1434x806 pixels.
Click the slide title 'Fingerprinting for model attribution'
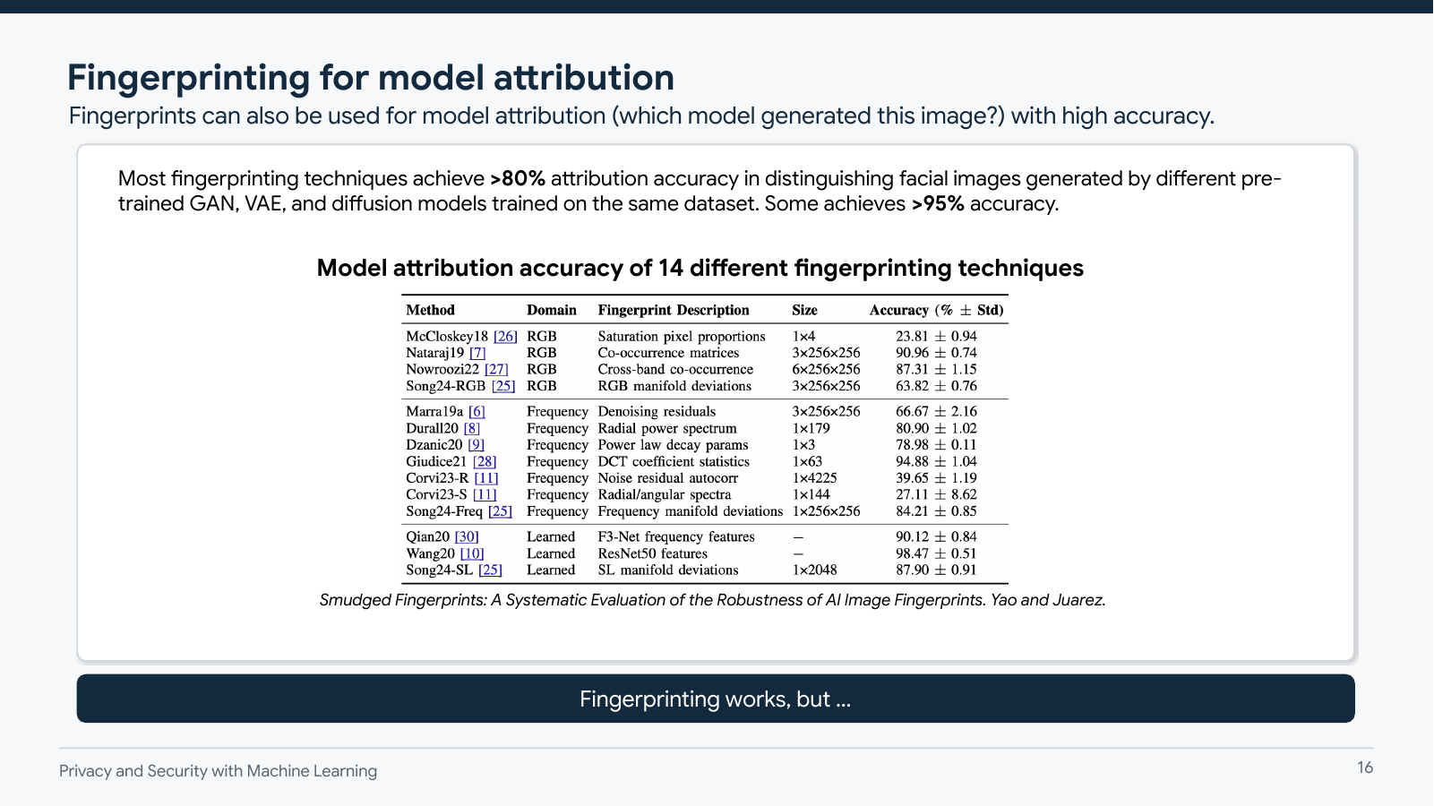coord(370,78)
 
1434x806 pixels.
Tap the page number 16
coord(1365,767)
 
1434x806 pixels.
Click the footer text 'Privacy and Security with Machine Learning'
coord(218,771)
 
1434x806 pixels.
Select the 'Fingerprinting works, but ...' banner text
coord(715,699)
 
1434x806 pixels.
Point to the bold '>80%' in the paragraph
coord(518,179)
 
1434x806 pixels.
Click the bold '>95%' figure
coord(938,204)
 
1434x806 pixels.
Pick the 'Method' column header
coord(430,310)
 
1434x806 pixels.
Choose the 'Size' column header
coord(804,310)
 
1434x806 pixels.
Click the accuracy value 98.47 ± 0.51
coord(936,553)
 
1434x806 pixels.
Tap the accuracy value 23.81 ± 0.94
coord(936,337)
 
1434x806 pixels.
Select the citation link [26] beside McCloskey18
coord(505,337)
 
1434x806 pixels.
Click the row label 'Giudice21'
coord(436,462)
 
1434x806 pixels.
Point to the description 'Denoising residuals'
coord(657,412)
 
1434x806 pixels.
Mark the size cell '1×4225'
coord(814,478)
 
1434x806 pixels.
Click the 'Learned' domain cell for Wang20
coord(551,553)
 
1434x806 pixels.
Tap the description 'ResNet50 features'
coord(652,553)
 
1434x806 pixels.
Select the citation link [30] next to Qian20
coord(467,537)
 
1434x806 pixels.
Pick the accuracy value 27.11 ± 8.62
coord(936,494)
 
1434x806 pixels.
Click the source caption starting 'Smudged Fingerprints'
coord(712,600)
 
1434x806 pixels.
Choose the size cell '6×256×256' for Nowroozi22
coord(826,369)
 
